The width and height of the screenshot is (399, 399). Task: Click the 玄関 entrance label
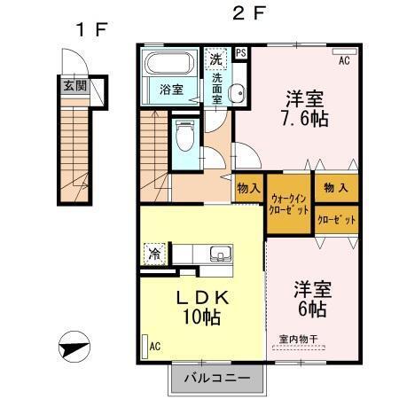tap(74, 87)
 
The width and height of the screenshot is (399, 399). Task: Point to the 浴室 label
tap(171, 90)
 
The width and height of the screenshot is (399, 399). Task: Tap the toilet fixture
tap(184, 134)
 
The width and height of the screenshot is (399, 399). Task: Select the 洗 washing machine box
tap(216, 60)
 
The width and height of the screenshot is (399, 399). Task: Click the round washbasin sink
tap(235, 94)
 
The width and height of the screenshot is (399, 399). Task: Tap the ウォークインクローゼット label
tap(289, 206)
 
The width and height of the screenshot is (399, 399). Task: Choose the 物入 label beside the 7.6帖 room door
tap(248, 189)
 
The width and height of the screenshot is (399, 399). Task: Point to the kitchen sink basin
tap(218, 254)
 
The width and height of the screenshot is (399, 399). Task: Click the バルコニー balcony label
tap(216, 379)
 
